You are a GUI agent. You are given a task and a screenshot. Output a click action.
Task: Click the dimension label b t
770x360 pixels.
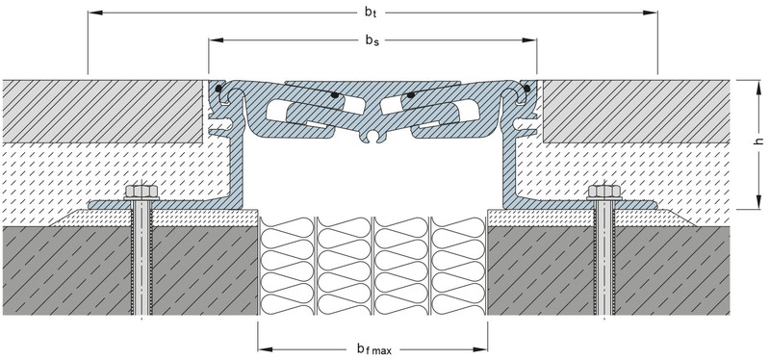point(371,13)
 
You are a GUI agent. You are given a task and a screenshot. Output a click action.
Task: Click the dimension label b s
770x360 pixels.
point(372,40)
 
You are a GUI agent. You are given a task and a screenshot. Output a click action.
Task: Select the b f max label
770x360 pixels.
point(374,349)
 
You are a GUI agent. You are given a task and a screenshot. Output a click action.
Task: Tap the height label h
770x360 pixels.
point(758,141)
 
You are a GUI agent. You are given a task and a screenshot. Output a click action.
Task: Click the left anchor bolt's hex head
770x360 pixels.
point(141,191)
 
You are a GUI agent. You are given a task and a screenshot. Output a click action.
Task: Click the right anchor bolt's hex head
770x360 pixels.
point(604,191)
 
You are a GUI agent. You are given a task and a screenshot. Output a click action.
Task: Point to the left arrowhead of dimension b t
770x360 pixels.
point(94,13)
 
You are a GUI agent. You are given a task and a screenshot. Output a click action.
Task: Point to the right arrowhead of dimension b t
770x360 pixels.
point(651,13)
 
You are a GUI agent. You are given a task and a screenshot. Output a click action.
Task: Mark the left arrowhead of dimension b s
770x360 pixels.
point(216,40)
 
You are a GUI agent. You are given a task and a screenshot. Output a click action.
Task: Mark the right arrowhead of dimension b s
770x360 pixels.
point(529,40)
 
